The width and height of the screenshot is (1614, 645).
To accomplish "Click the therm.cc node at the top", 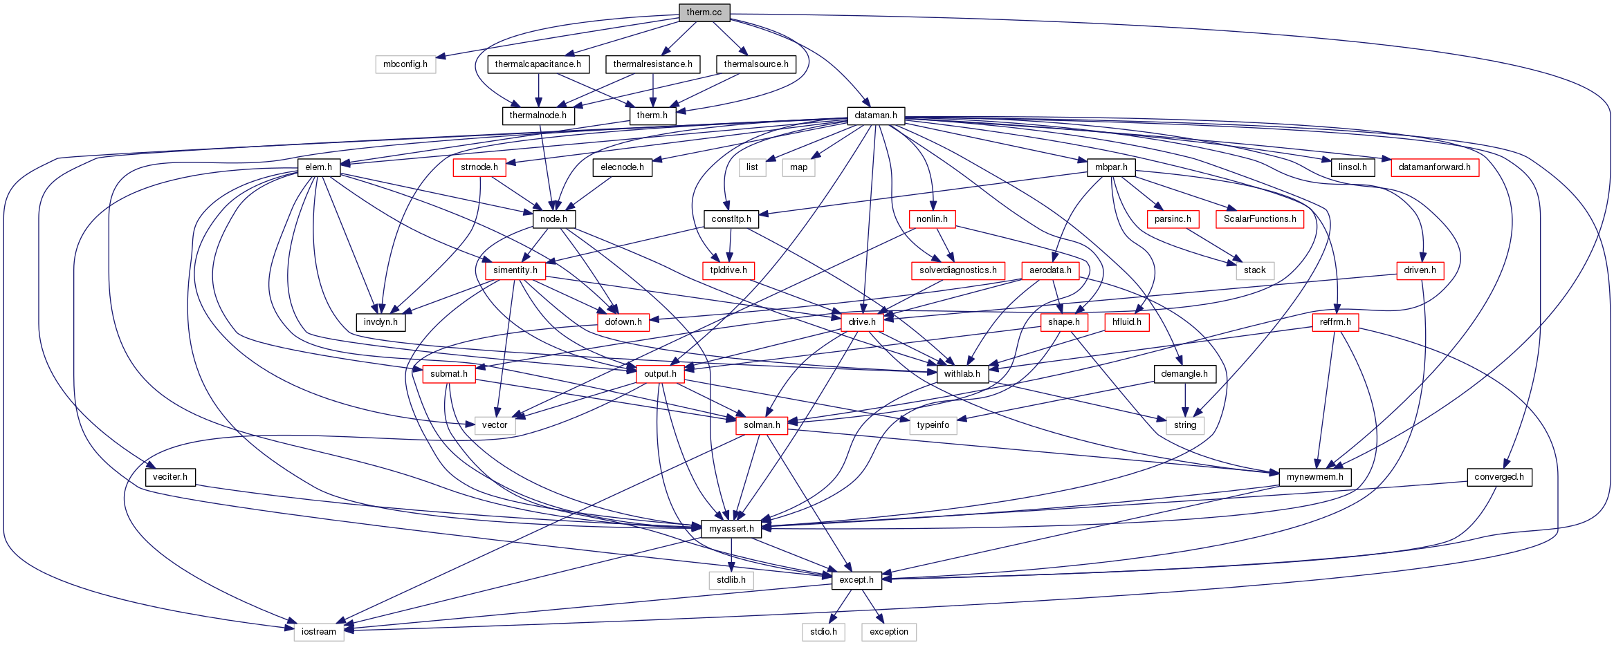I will (704, 12).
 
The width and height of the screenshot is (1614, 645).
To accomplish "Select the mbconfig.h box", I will (405, 64).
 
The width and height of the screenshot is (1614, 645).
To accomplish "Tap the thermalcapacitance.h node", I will (538, 64).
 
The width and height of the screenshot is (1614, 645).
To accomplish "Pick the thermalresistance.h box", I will (652, 64).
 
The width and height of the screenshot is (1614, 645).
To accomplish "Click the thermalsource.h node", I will (755, 64).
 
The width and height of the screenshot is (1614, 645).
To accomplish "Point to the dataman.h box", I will (875, 115).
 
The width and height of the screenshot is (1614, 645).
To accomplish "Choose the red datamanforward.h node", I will (1434, 167).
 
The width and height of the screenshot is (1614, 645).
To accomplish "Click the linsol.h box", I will (1352, 167).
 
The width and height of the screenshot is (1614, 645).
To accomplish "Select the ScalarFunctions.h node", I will (1259, 219).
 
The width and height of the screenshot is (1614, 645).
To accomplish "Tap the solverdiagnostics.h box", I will (957, 270).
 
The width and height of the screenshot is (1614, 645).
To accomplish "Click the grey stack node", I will (1254, 270).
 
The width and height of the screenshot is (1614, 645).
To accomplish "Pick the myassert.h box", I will (731, 529).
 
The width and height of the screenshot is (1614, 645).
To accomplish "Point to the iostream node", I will (318, 632).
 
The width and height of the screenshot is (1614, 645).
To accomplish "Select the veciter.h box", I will (170, 477).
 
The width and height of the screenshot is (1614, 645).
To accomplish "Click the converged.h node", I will (1498, 477).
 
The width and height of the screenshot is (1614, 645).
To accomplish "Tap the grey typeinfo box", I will (933, 425).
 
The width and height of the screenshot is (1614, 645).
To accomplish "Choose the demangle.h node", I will (1184, 374).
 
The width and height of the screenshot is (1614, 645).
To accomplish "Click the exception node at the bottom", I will (888, 632).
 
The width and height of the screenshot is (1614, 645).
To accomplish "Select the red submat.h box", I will (448, 374).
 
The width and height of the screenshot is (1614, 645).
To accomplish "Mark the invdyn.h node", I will (380, 322).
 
